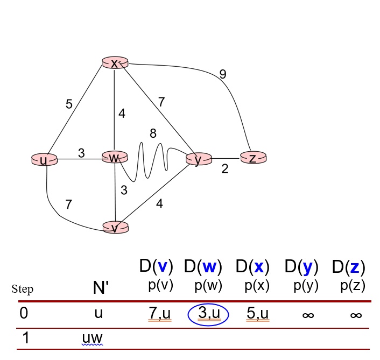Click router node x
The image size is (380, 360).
coord(114,63)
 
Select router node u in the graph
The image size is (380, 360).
coord(44,159)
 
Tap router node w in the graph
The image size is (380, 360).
coord(114,158)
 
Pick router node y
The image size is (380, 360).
coord(199,159)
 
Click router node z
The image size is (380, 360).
coord(253,158)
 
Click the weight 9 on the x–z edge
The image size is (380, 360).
coord(222,75)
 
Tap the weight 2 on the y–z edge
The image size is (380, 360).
coord(225,169)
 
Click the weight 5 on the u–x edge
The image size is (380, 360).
coord(69,104)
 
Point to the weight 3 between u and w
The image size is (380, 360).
coord(81,153)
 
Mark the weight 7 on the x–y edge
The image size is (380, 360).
coord(161,101)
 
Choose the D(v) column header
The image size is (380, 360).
coord(156,266)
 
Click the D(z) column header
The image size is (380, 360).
coord(348,267)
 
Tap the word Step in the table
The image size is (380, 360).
coord(22,290)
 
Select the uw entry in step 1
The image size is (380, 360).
coord(92,338)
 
